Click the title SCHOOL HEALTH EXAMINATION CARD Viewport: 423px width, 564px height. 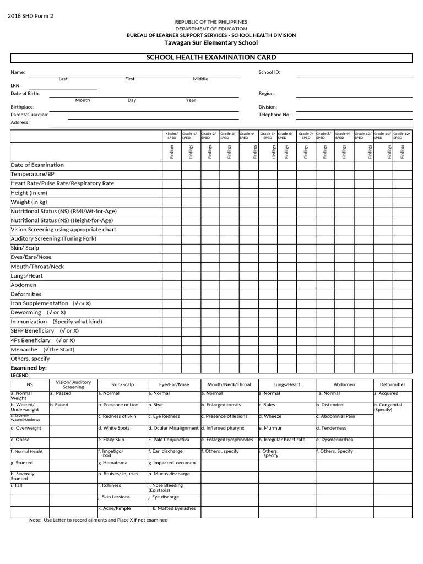tap(211, 58)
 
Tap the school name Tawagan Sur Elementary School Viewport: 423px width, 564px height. tap(211, 42)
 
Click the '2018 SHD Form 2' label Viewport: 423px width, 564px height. tap(30, 15)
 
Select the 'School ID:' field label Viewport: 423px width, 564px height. tap(269, 72)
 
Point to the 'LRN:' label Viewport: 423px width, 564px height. tap(15, 86)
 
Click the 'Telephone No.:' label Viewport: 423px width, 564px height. tap(275, 115)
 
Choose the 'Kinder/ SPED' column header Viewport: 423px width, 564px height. tap(172, 135)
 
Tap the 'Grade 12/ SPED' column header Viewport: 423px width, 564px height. tap(402, 135)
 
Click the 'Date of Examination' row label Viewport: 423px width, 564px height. tap(37, 165)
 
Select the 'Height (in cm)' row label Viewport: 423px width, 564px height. tap(29, 193)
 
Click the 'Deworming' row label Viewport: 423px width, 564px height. tap(26, 312)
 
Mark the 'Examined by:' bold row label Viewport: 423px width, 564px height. tap(29, 367)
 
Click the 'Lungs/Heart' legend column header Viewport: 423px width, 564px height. tap(286, 384)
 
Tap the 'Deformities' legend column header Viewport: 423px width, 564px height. tap(392, 384)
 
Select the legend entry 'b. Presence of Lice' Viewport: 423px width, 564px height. tap(118, 405)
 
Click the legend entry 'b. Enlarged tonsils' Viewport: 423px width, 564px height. tap(221, 405)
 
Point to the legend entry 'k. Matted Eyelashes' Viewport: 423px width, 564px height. tap(174, 508)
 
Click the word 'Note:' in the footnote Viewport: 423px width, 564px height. tap(35, 520)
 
